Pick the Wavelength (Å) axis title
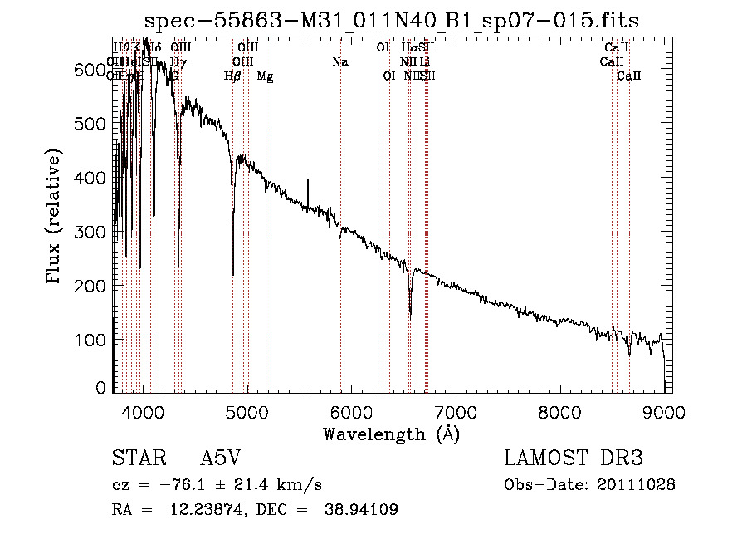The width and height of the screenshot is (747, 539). tap(391, 434)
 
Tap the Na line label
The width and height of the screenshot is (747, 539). tap(339, 61)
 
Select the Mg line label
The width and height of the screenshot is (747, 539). tap(265, 76)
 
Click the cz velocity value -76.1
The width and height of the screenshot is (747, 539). tap(176, 485)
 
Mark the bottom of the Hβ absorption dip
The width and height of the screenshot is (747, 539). tap(232, 274)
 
